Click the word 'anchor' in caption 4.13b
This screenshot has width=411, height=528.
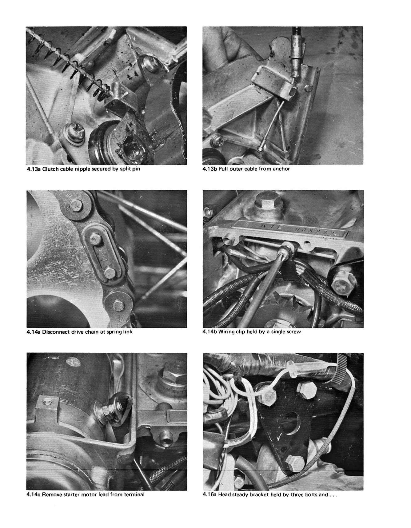(281, 169)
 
